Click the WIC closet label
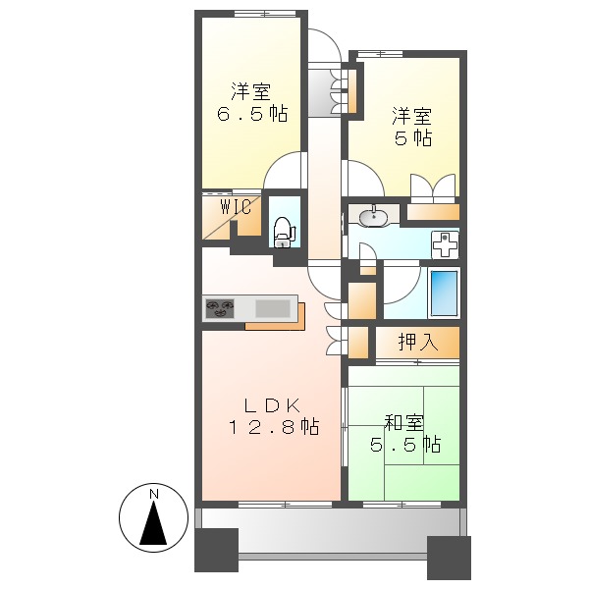[236, 207]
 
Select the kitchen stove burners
[221, 309]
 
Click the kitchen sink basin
[273, 309]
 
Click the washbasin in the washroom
[374, 217]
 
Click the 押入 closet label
[417, 343]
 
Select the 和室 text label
[403, 423]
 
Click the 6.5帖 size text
[252, 114]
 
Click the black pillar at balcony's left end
[216, 551]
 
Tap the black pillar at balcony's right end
[449, 557]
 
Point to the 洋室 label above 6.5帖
[251, 92]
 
